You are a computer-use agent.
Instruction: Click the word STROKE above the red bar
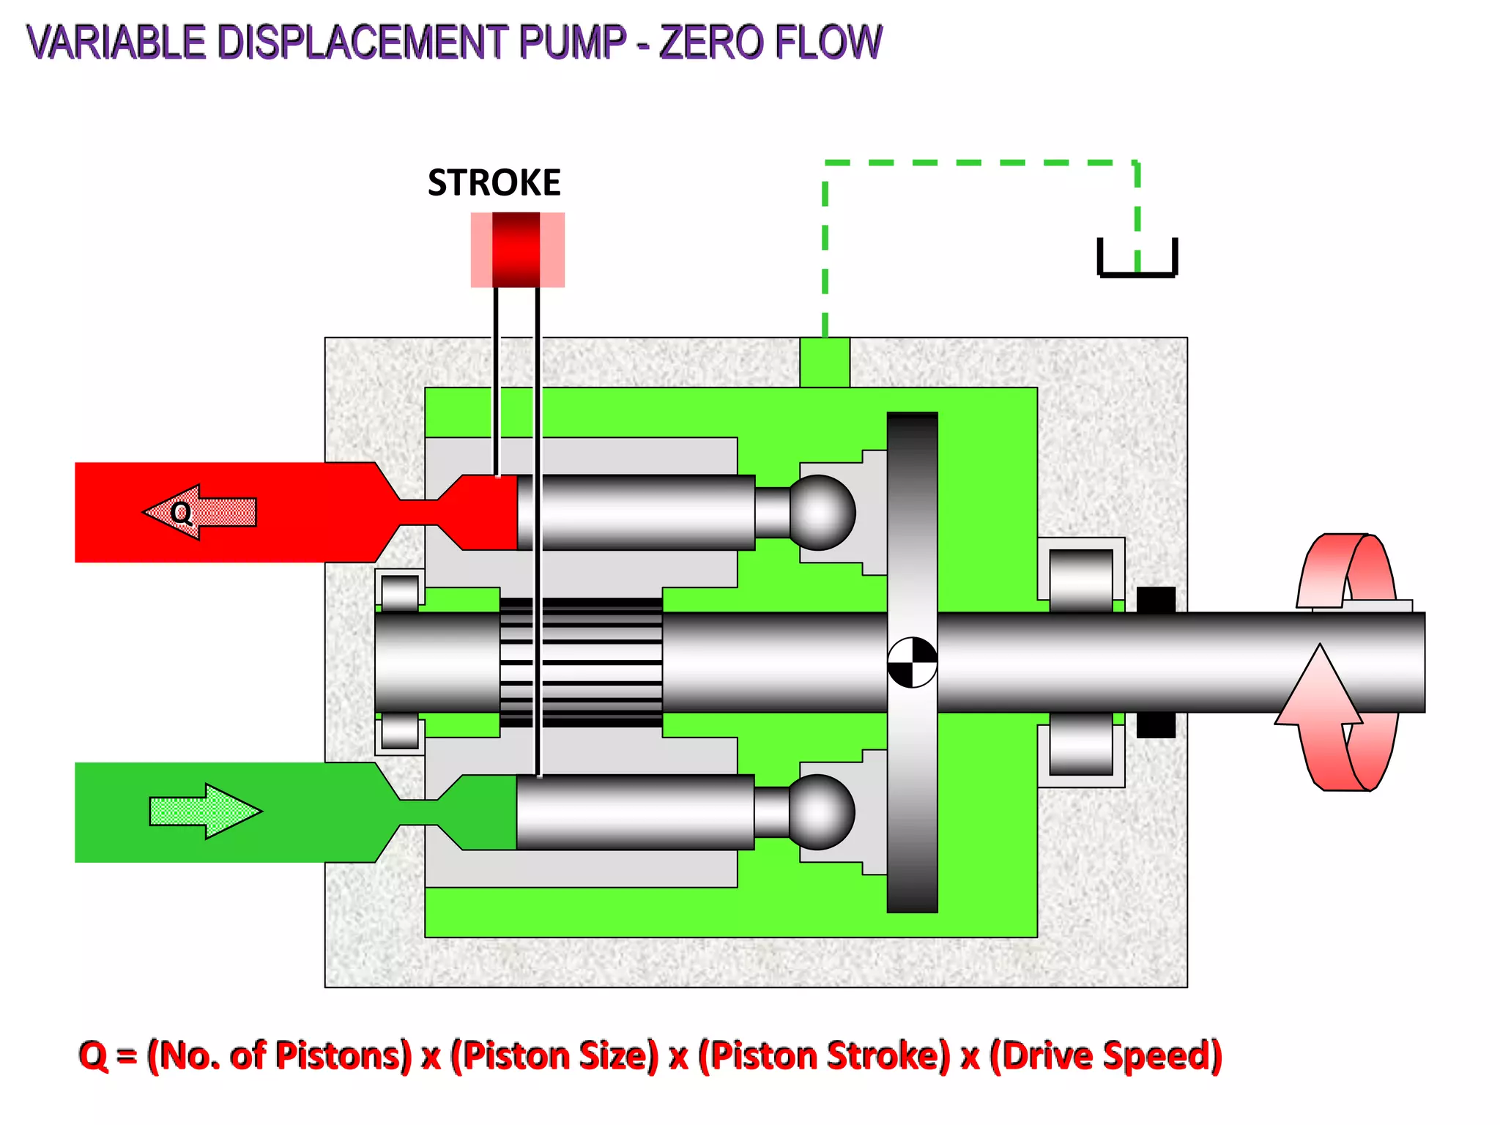pos(494,182)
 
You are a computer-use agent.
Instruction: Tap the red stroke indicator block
pos(516,250)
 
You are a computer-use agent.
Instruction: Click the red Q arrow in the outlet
pos(199,512)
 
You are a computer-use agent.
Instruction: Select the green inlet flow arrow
pos(205,811)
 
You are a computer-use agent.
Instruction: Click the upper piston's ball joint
pos(821,512)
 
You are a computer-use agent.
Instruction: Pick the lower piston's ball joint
pos(820,812)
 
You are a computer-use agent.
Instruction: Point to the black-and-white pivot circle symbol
pos(912,662)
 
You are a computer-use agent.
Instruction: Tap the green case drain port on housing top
pos(825,362)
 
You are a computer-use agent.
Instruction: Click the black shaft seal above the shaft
pos(1156,599)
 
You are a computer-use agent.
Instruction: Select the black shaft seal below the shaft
pos(1156,725)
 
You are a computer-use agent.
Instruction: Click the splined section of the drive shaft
pos(581,662)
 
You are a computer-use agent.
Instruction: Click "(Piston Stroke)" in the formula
pos(824,1055)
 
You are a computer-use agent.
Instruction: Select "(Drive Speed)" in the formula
pos(1105,1055)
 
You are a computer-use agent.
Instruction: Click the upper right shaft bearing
pos(1081,579)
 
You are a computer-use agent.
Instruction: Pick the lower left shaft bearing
pos(400,731)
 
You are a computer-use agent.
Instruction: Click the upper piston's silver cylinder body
pos(636,512)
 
